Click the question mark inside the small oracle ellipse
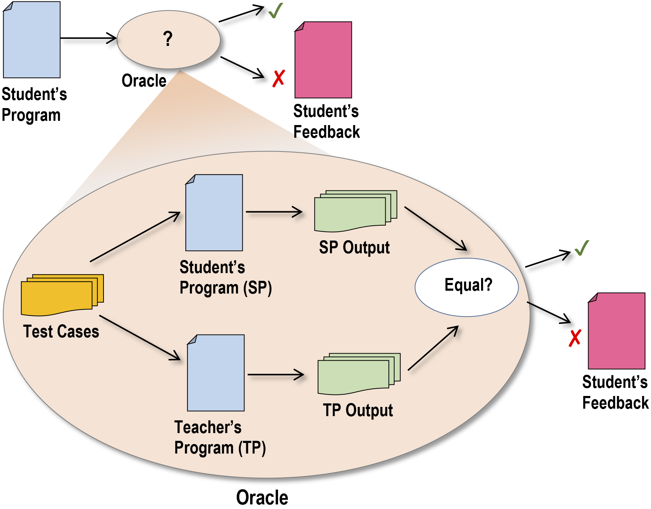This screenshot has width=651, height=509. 168,39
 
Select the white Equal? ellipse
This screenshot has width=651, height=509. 467,287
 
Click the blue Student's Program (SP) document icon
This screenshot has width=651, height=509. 214,213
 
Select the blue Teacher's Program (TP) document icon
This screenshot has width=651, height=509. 216,373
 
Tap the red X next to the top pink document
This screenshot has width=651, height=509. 278,78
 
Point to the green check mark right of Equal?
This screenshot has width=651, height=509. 582,248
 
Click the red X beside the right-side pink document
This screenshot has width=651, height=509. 575,338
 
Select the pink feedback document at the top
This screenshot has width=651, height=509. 323,60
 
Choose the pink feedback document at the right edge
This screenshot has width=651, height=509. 616,331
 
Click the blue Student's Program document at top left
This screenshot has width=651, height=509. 32,40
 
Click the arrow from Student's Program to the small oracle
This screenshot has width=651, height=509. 88,38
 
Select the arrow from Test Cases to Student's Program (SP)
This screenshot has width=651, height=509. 135,237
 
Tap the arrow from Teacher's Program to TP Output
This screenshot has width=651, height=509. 276,374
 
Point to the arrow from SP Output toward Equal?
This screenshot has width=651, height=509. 435,228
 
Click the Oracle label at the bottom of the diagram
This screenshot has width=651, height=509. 262,497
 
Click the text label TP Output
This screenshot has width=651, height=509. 358,410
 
